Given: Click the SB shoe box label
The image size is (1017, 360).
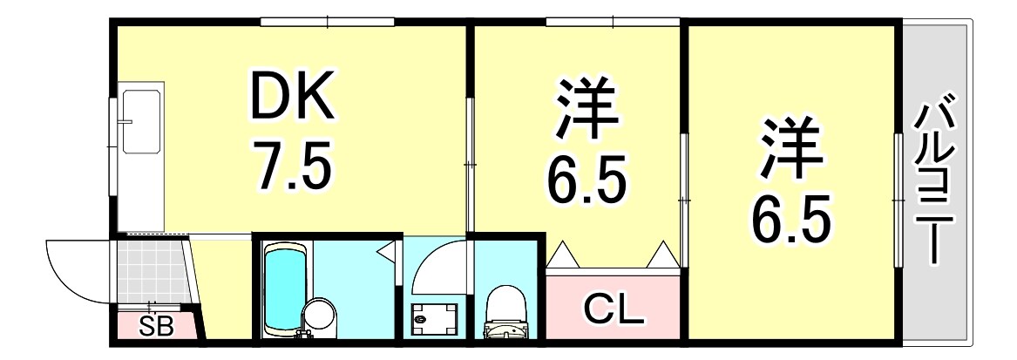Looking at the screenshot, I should click(x=157, y=328).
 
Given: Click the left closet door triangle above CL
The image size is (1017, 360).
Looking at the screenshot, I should click(x=563, y=255).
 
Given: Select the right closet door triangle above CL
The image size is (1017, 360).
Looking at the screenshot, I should click(x=662, y=255).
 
